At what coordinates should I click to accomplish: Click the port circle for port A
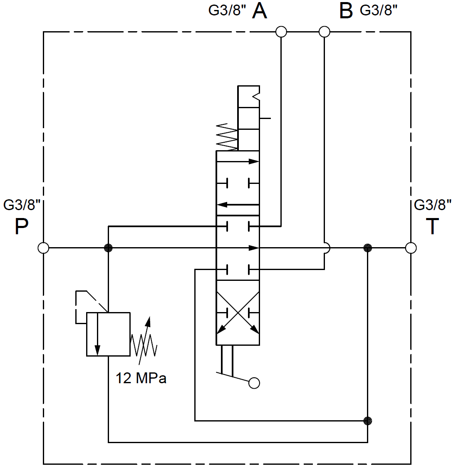[x=281, y=32]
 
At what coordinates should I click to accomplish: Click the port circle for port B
[x=324, y=32]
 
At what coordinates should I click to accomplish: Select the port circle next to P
[x=43, y=248]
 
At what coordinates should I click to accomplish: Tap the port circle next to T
[x=411, y=248]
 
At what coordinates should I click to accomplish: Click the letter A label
[x=260, y=11]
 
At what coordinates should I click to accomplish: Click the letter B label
[x=346, y=11]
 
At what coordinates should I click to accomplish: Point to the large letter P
[x=22, y=227]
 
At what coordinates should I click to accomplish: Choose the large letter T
[x=433, y=227]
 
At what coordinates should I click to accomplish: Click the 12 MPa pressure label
[x=141, y=378]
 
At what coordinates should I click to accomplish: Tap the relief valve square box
[x=108, y=334]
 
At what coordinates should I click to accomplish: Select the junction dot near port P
[x=108, y=248]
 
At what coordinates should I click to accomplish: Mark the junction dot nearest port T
[x=367, y=248]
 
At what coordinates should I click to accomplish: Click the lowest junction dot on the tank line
[x=367, y=421]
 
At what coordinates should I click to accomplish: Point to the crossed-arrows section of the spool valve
[x=238, y=312]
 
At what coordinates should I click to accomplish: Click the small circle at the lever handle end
[x=254, y=383]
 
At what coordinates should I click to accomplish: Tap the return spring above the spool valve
[x=227, y=137]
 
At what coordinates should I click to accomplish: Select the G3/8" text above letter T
[x=433, y=205]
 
